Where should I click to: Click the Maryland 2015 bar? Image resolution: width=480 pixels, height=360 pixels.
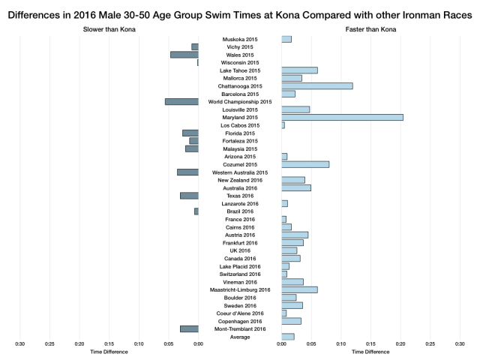point(342,117)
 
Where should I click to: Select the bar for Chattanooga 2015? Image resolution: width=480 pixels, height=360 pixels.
point(316,85)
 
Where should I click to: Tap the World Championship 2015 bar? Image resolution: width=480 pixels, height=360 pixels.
point(181,101)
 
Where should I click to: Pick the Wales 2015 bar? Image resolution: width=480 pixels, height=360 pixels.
point(184,55)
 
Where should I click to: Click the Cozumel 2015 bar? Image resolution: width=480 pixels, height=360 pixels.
point(305,164)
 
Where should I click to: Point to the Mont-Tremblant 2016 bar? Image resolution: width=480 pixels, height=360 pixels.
point(189,328)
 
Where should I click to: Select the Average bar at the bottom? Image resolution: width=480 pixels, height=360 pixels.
point(288,337)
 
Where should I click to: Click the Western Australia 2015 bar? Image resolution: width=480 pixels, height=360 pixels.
point(187,172)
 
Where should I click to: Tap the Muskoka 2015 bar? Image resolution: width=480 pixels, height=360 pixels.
point(286,39)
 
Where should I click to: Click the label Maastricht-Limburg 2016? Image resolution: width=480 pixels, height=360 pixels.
point(240,289)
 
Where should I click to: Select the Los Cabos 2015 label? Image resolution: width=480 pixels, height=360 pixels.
point(240,125)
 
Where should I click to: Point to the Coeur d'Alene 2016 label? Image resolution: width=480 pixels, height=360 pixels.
point(240,313)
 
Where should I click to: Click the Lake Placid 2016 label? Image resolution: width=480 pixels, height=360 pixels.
point(240,266)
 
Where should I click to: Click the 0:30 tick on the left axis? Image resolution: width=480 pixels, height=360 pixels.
point(20,344)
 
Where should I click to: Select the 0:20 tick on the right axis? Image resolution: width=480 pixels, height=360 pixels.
point(400,344)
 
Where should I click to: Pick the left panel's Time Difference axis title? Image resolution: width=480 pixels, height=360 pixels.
point(109,351)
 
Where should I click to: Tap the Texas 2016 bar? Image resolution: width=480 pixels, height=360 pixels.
point(189,196)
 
